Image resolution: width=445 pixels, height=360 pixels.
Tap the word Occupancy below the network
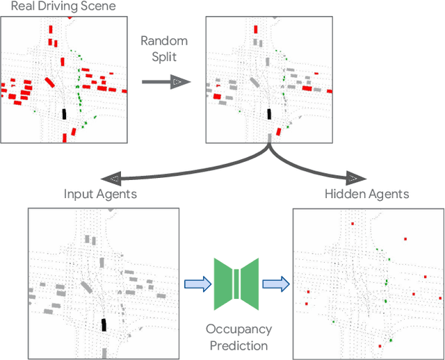pyautogui.click(x=238, y=329)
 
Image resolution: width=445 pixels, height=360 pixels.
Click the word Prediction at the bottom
pyautogui.click(x=238, y=345)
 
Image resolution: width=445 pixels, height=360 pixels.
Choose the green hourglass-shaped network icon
pyautogui.click(x=236, y=283)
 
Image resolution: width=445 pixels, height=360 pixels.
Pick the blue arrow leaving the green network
pyautogui.click(x=275, y=283)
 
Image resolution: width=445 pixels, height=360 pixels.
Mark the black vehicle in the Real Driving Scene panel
pyautogui.click(x=64, y=114)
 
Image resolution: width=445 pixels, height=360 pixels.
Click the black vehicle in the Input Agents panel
pyautogui.click(x=104, y=325)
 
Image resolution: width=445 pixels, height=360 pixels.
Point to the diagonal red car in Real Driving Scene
pyautogui.click(x=50, y=83)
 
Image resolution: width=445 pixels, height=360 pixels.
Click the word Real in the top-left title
pyautogui.click(x=23, y=8)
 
